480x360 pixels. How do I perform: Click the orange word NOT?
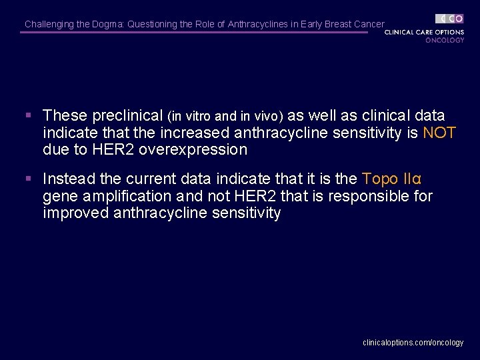(x=439, y=133)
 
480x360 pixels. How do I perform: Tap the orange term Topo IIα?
(x=391, y=179)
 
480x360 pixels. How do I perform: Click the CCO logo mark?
(x=450, y=19)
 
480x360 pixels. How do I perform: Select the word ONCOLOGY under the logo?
(x=445, y=40)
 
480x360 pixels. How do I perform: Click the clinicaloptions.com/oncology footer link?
(x=413, y=342)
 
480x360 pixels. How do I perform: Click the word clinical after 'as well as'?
(x=386, y=116)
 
